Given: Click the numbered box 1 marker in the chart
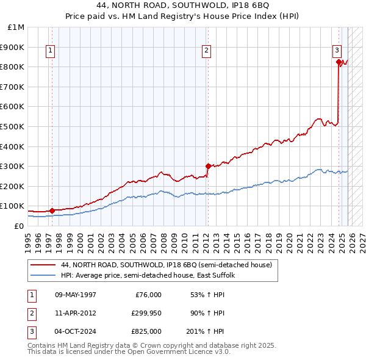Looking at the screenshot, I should pyautogui.click(x=49, y=51).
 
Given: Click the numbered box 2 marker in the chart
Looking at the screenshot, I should pyautogui.click(x=207, y=51).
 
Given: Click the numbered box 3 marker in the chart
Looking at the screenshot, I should pyautogui.click(x=336, y=51).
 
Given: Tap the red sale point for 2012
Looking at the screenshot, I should pyautogui.click(x=208, y=166).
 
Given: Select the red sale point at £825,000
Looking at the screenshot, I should pyautogui.click(x=339, y=62).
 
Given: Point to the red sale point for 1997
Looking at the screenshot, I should pyautogui.click(x=52, y=211).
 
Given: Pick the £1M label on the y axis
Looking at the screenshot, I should pyautogui.click(x=16, y=27).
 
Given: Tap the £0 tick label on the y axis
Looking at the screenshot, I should pyautogui.click(x=18, y=226).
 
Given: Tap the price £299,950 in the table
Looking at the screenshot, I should pyautogui.click(x=146, y=313).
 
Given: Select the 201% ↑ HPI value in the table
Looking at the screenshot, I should pyautogui.click(x=206, y=331).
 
